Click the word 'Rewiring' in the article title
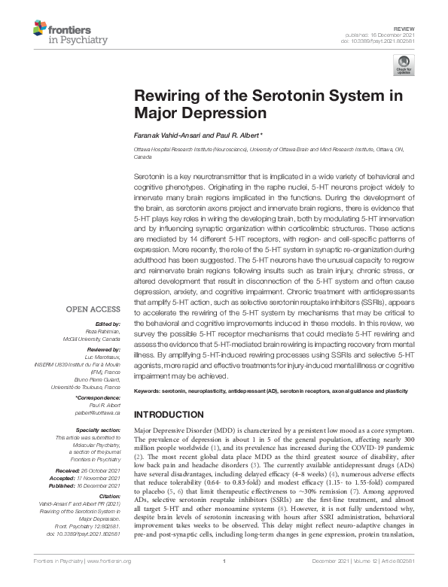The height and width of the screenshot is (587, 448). (169, 96)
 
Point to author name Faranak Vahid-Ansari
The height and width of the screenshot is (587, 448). (166, 136)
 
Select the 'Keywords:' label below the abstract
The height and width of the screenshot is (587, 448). (149, 392)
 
